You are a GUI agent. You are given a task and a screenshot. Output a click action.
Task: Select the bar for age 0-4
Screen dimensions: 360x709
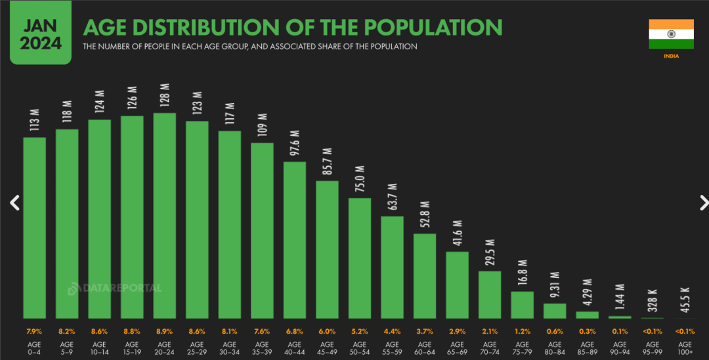click(x=35, y=227)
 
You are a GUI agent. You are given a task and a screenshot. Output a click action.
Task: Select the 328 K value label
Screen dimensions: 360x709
click(x=652, y=301)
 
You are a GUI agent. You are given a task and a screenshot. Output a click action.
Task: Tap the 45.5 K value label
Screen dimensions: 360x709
click(x=685, y=301)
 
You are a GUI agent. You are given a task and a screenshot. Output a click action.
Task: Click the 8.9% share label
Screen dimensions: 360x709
click(x=164, y=331)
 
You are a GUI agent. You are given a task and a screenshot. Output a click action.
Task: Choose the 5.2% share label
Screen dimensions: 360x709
click(x=360, y=331)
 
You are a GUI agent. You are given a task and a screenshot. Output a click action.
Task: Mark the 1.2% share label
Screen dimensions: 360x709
click(x=522, y=331)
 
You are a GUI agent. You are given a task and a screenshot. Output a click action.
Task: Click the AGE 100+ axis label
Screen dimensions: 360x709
click(x=685, y=348)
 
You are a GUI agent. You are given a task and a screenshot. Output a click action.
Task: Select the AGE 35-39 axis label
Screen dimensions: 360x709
click(x=262, y=348)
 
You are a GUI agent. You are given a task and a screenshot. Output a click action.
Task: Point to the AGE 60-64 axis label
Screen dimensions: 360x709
click(x=425, y=348)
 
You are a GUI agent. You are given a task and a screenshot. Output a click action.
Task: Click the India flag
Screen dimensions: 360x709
click(x=671, y=34)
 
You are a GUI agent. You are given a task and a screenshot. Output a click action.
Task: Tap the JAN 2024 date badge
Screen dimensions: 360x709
click(x=41, y=35)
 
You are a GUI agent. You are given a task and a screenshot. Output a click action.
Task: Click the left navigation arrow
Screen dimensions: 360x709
click(x=14, y=203)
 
